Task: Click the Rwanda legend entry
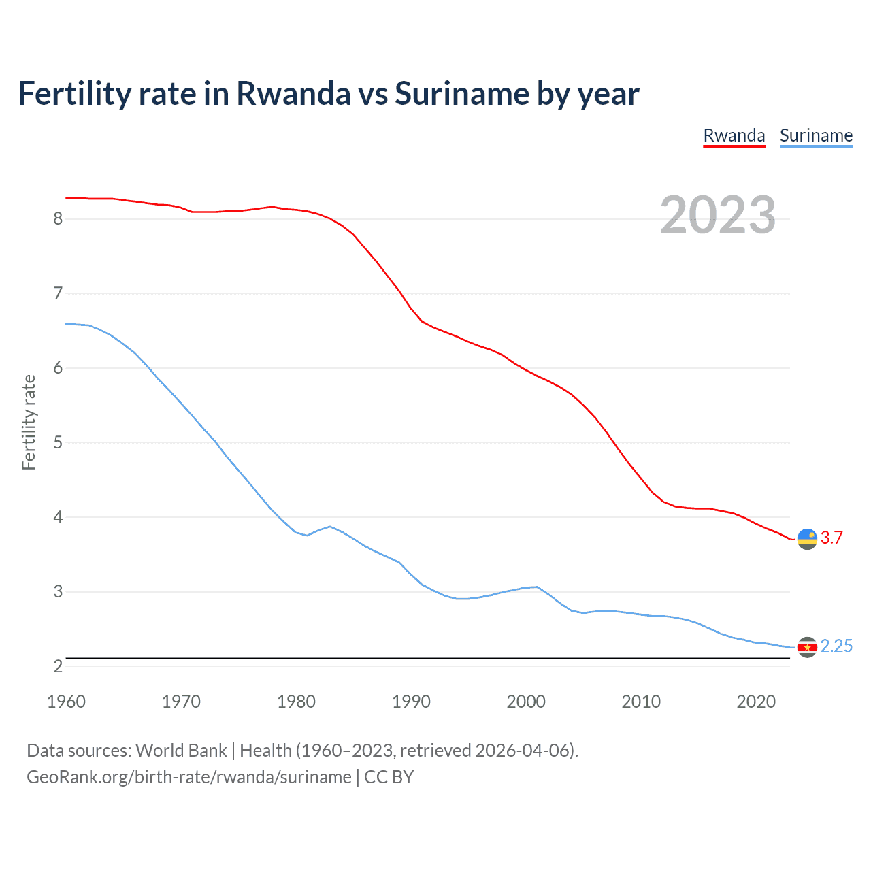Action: coord(734,135)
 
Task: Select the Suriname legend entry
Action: coord(816,135)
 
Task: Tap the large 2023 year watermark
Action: coord(717,215)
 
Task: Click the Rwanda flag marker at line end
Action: coord(807,538)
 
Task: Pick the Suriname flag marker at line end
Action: coord(807,647)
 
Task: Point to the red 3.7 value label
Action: coord(832,538)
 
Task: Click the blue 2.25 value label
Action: coord(836,646)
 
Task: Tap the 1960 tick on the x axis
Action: coord(66,702)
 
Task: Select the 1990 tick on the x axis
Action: coord(411,702)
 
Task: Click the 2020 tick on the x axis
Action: coord(756,702)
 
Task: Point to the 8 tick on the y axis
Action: coord(58,219)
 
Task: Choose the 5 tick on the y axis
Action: coord(58,443)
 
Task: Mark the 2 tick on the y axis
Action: coord(58,667)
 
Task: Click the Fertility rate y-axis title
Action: coord(29,422)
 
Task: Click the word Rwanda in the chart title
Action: coord(293,93)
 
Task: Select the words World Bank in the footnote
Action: coord(181,751)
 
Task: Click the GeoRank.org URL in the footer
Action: coord(188,777)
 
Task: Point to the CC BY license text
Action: coord(389,777)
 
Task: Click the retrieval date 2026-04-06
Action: coord(522,751)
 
